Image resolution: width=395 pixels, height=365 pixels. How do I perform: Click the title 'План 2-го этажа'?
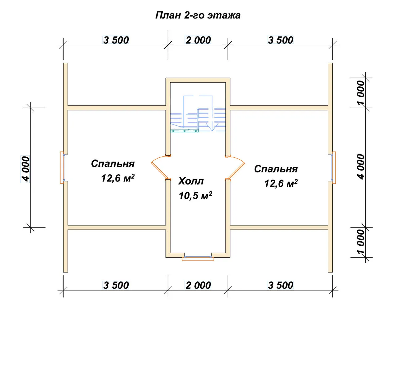[198, 15]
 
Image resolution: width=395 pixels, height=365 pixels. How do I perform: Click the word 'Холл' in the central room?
[191, 181]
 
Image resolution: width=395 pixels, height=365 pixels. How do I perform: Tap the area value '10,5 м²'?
[195, 196]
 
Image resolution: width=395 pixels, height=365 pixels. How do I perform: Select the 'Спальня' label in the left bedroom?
[113, 164]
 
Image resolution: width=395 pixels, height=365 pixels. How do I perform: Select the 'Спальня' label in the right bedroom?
[276, 169]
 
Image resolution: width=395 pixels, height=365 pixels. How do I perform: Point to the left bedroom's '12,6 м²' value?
[118, 178]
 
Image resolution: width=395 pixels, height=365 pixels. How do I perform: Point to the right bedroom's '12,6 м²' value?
[281, 183]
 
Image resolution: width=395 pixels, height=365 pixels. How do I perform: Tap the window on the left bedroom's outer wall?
[62, 168]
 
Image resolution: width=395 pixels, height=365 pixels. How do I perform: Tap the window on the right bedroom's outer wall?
[334, 168]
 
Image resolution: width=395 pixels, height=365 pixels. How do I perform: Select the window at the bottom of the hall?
[198, 258]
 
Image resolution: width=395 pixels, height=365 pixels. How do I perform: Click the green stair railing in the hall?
[185, 131]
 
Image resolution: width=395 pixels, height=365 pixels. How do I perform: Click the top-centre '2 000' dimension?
[198, 40]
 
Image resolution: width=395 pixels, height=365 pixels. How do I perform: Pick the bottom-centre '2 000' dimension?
[198, 285]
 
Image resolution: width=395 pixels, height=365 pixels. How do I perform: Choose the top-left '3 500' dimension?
[116, 40]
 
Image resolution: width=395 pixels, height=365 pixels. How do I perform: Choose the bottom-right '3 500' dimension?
[281, 285]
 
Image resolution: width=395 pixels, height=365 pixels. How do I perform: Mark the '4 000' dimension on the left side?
[26, 169]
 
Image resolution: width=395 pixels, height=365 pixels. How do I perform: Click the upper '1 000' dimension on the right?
[361, 93]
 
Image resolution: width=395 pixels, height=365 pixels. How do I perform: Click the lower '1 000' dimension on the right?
[361, 242]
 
